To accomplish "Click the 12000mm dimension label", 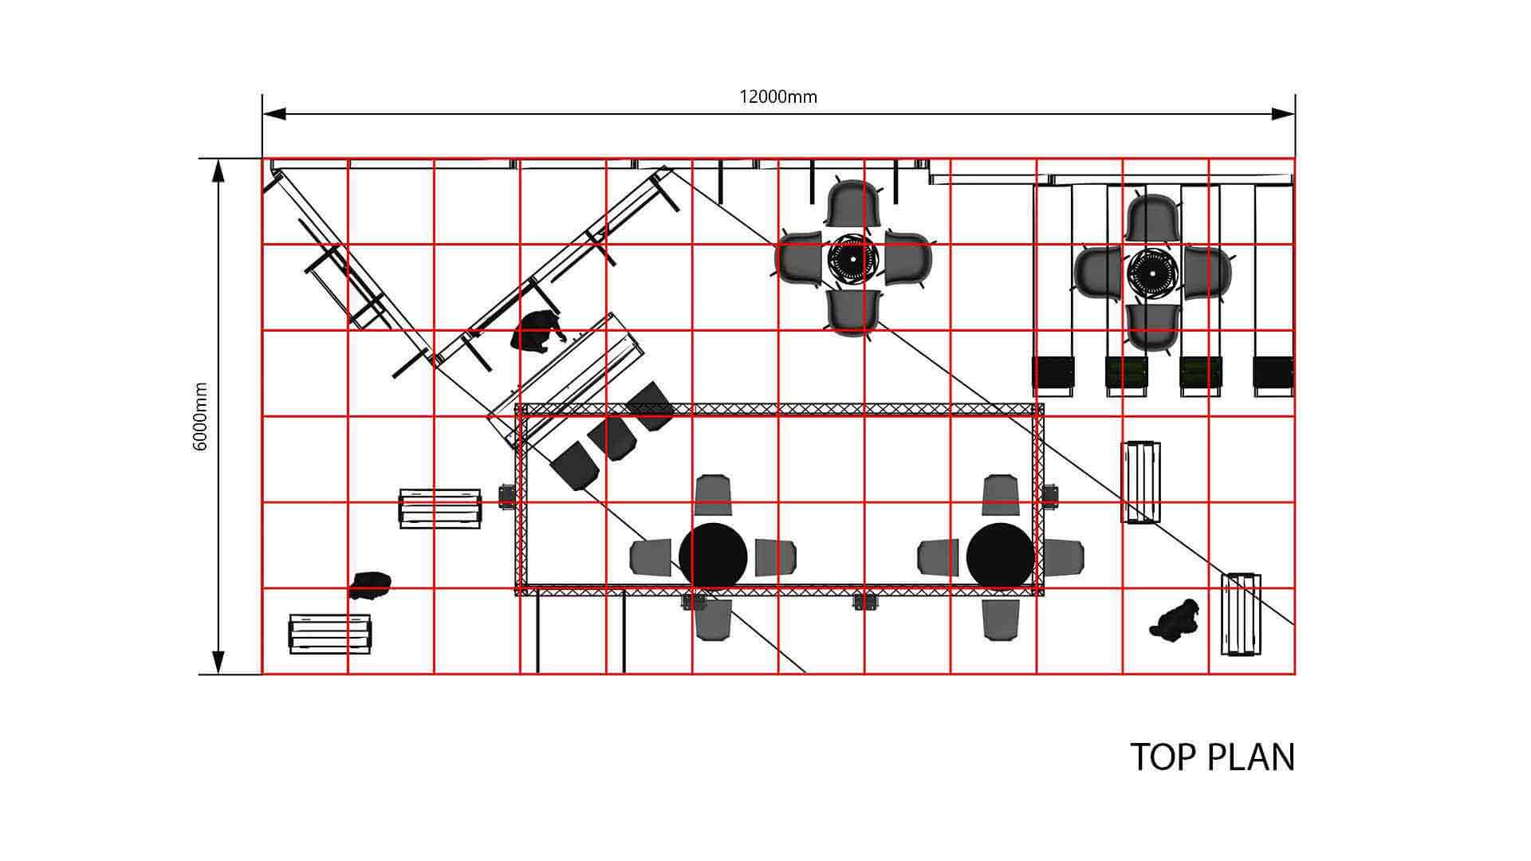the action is pos(778,97).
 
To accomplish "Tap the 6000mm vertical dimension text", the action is pos(200,417).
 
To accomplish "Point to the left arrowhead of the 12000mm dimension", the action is pos(274,114).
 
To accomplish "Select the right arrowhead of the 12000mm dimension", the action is pos(1283,114).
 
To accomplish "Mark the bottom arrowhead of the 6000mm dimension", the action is pos(218,662).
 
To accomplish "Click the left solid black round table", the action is pos(713,556).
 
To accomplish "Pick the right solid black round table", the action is pos(1001,556).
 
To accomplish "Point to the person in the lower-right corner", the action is pos(1175,619).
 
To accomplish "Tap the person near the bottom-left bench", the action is pos(370,584).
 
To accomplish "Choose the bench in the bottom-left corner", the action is pos(330,634).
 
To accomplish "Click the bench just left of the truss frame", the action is pos(440,509).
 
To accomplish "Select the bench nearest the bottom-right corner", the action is pos(1241,614).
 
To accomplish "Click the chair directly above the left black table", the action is pos(713,495).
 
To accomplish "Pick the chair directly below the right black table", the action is pos(1001,619).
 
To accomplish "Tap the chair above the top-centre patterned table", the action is pos(853,204).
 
